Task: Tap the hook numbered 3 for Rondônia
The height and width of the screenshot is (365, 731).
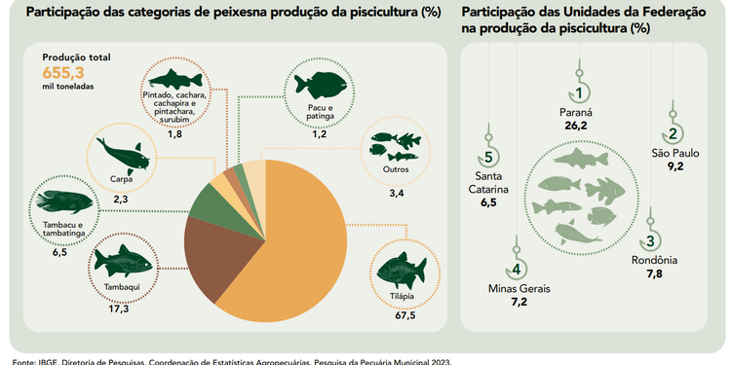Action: pos(650,237)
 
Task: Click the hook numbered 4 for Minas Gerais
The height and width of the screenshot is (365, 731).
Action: pos(518,265)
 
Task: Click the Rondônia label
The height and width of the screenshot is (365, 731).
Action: pos(653,260)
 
